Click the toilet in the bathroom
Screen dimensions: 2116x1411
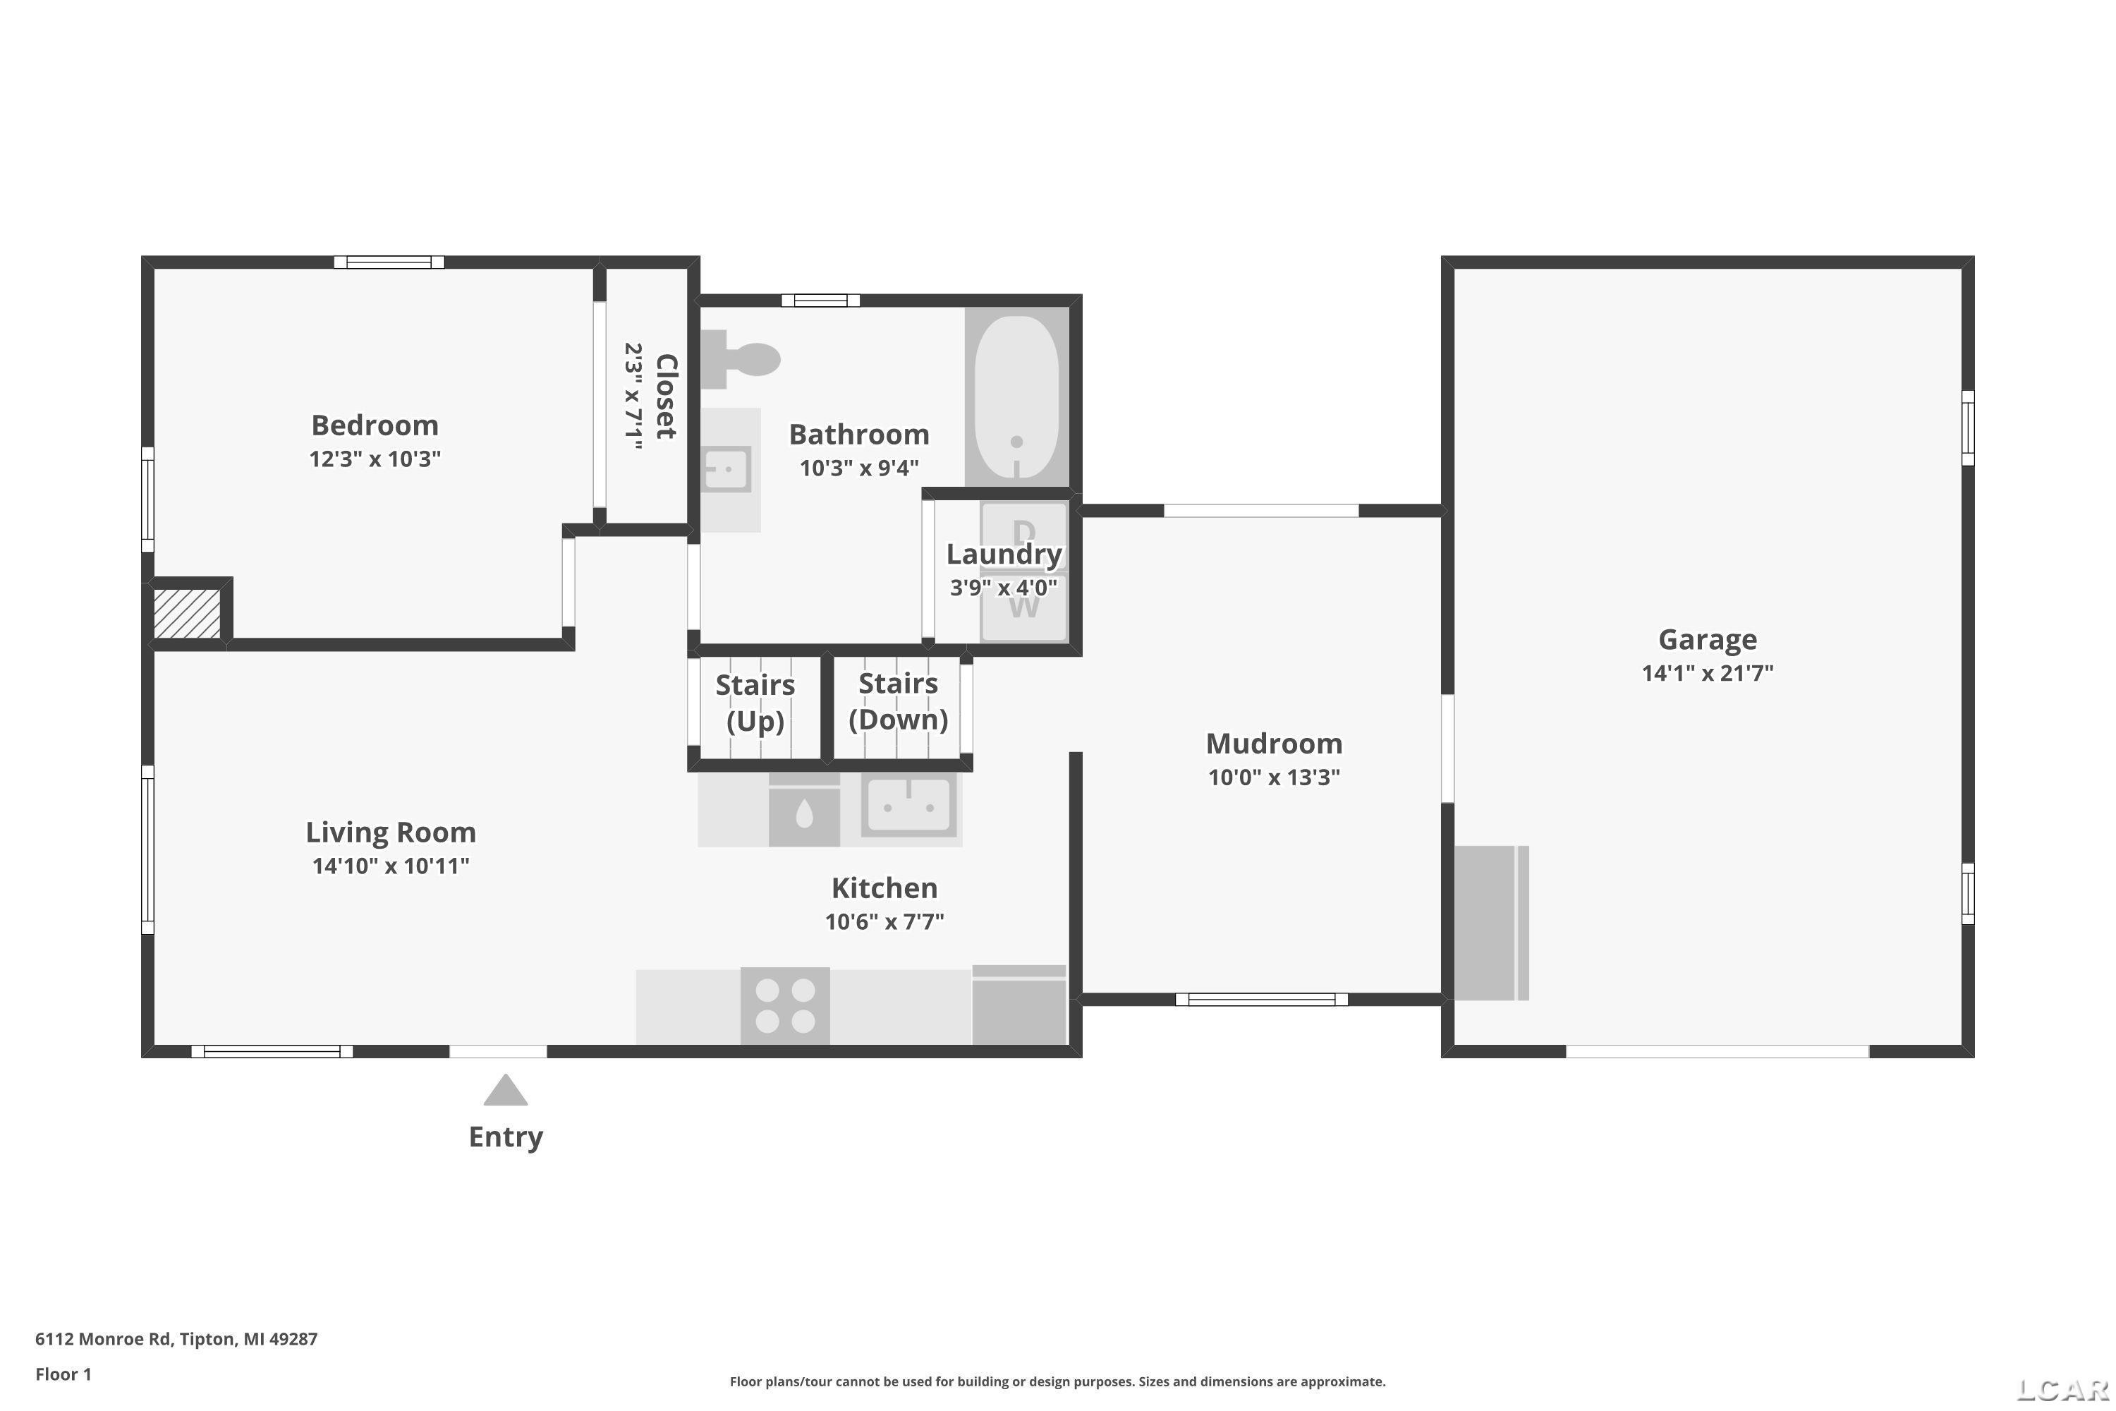[x=739, y=359]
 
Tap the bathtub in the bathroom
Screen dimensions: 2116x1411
[x=1016, y=396]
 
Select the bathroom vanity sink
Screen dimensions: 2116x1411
[x=726, y=470]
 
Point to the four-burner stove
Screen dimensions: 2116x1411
[x=784, y=1005]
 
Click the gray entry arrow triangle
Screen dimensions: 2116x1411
[x=505, y=1090]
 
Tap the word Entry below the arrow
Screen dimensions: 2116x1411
[x=506, y=1137]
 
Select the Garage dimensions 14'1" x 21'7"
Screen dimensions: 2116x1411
[x=1707, y=672]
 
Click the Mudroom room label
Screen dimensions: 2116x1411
[x=1274, y=744]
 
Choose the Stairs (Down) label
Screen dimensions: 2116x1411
[x=898, y=702]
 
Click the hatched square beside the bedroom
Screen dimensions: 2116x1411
[x=187, y=614]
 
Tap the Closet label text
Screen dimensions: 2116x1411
[x=666, y=396]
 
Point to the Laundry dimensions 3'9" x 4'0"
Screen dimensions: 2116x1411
[x=1003, y=588]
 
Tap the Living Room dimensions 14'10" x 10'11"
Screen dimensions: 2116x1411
[x=391, y=866]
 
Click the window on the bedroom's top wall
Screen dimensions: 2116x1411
[x=389, y=262]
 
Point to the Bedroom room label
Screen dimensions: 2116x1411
[x=375, y=425]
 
